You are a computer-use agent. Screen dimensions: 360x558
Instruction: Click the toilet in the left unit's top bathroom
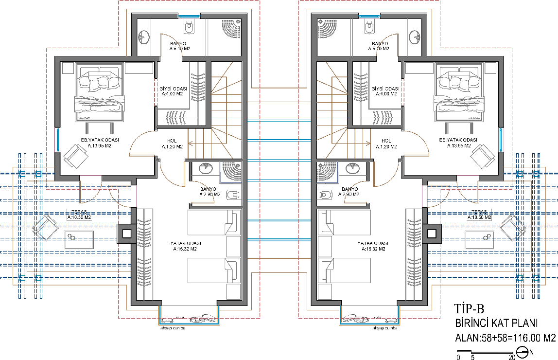click(189, 29)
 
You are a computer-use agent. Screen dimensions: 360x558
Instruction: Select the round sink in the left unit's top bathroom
click(144, 37)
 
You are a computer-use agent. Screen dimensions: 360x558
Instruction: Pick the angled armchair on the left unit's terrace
click(46, 228)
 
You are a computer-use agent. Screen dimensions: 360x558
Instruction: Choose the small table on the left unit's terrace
click(79, 240)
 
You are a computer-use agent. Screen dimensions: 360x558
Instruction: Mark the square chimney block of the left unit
click(125, 234)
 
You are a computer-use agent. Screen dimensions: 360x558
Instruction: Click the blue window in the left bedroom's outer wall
click(57, 139)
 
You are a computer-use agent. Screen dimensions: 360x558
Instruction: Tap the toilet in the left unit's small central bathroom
click(233, 195)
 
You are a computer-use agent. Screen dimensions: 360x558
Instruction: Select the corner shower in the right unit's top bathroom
click(327, 29)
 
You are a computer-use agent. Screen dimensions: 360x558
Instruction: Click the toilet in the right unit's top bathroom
click(369, 29)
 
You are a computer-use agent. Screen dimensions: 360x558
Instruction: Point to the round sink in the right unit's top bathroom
click(415, 37)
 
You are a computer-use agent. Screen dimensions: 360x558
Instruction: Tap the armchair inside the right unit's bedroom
click(484, 156)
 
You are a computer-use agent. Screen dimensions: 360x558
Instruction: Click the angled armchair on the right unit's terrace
click(513, 228)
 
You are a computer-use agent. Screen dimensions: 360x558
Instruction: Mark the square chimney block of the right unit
click(433, 234)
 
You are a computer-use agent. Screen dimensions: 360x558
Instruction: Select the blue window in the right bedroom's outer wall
click(501, 139)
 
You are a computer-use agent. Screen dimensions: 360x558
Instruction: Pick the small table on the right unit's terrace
click(480, 240)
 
